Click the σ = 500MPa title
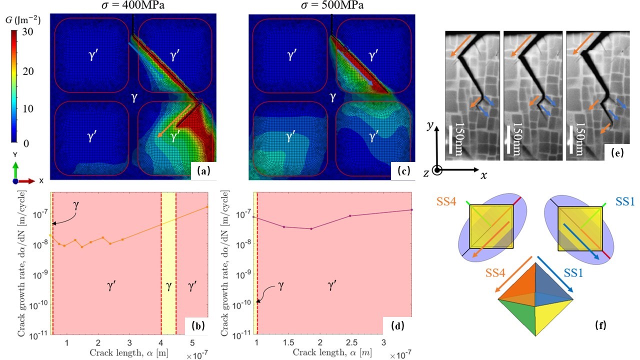(331, 6)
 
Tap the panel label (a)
(203, 170)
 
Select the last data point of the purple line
(411, 210)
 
